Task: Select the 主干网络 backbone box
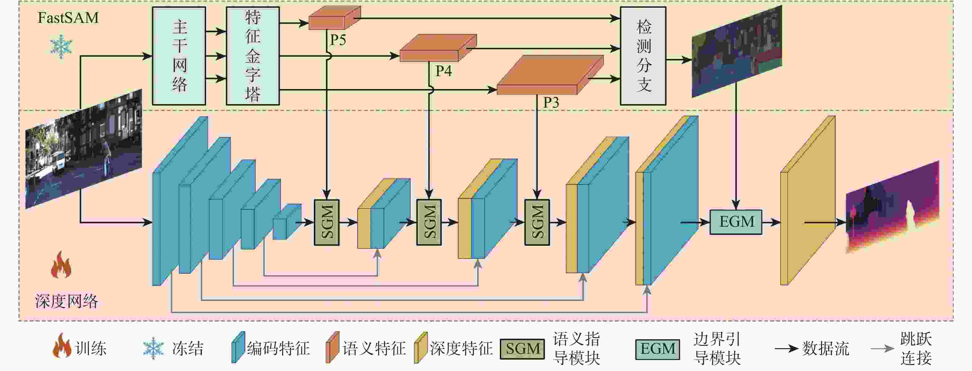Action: tap(179, 56)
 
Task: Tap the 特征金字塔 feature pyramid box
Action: tap(253, 56)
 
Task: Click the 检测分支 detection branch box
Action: tap(643, 56)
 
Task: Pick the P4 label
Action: tap(443, 71)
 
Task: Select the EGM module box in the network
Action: tap(736, 222)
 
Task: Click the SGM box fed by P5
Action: tap(327, 222)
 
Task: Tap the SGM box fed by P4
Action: tap(429, 222)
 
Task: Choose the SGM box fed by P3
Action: tap(537, 222)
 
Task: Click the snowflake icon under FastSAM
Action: tap(61, 47)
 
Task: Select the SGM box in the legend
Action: tap(523, 349)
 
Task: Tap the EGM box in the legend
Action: tap(658, 349)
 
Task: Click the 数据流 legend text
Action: tap(826, 349)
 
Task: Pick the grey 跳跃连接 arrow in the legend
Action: tap(882, 349)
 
